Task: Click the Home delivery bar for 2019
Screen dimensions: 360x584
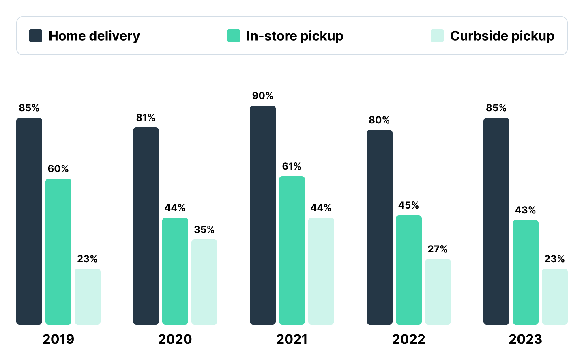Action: tap(29, 221)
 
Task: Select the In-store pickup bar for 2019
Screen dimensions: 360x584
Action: tap(58, 252)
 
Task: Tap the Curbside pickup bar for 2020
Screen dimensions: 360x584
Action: tap(204, 282)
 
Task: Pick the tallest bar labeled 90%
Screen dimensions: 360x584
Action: tap(263, 215)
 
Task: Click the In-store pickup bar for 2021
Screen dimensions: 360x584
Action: tap(292, 250)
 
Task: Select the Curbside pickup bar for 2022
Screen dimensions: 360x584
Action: tap(438, 292)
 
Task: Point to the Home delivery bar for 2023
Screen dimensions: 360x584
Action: tap(496, 221)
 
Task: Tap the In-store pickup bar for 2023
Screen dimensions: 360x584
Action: tap(526, 272)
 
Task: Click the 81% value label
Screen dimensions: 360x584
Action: tap(146, 118)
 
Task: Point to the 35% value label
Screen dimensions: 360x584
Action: tap(204, 230)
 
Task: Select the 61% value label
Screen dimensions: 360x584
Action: tap(292, 166)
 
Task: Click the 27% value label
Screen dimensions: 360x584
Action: tap(438, 249)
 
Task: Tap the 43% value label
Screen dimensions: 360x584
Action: tap(526, 210)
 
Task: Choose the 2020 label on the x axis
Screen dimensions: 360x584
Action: tap(175, 339)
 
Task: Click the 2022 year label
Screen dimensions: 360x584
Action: tap(409, 339)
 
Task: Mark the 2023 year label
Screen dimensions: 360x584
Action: tap(526, 339)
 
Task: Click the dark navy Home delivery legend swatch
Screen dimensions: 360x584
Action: tap(36, 36)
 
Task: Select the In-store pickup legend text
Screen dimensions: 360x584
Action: tap(295, 36)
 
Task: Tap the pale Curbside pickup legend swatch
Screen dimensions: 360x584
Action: tap(437, 36)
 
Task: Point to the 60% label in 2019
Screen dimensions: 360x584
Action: tap(58, 169)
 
